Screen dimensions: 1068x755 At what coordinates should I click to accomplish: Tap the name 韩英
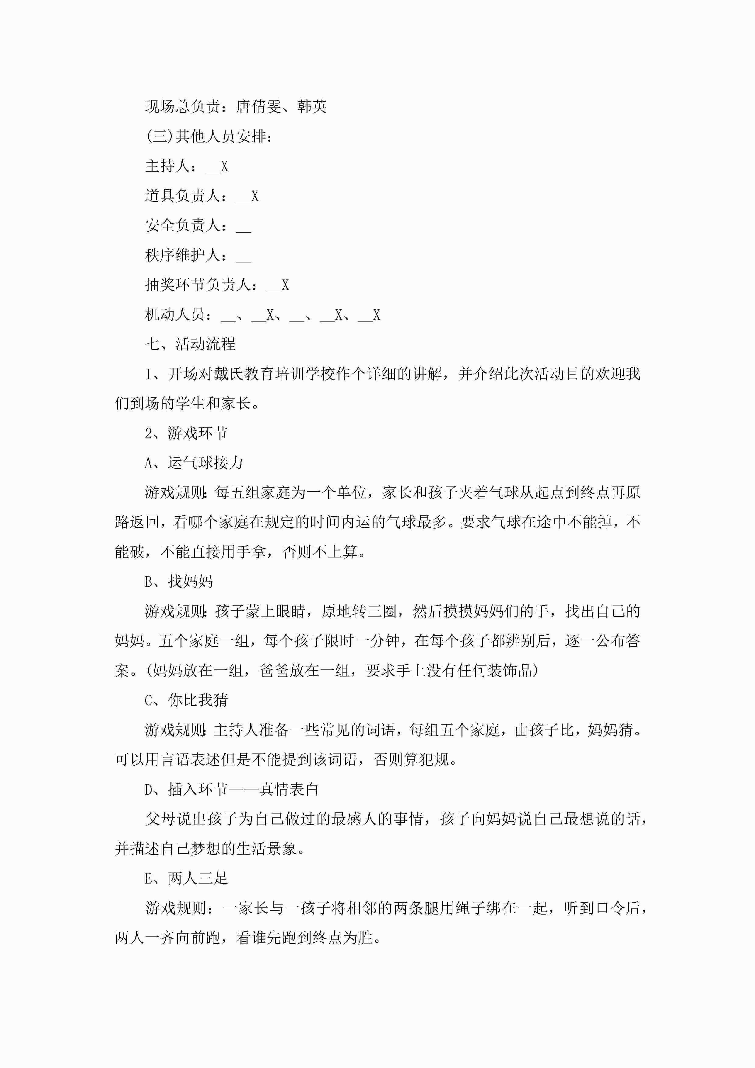[x=312, y=107]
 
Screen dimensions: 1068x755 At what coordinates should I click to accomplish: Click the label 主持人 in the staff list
[x=167, y=166]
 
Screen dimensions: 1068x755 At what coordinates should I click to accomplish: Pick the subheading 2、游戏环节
[x=186, y=434]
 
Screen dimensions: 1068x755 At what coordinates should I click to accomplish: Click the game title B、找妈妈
[x=179, y=582]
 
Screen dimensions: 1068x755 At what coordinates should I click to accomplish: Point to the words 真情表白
[x=289, y=790]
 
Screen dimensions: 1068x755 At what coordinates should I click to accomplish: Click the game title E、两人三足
[x=186, y=879]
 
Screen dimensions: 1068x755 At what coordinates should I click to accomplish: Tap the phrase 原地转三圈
[x=358, y=612]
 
